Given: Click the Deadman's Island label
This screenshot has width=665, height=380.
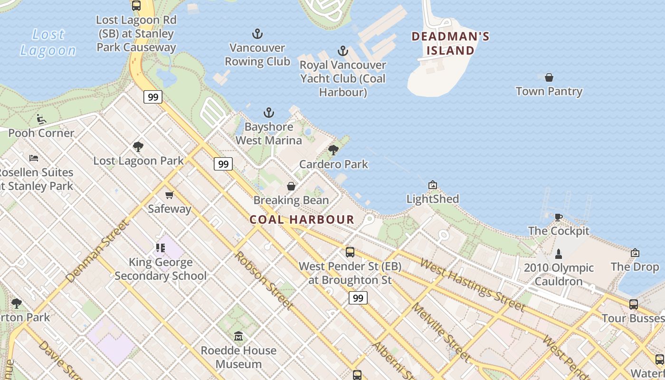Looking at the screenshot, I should (x=450, y=43).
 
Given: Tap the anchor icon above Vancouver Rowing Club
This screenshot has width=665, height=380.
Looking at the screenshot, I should (x=257, y=34).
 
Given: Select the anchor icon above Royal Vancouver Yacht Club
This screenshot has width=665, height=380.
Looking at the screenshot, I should (x=342, y=51).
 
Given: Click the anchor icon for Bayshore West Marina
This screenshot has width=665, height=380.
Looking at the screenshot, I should (x=269, y=113).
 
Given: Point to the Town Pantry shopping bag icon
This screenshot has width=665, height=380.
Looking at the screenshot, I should (x=549, y=77).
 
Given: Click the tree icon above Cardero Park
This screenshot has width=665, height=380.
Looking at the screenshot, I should (x=333, y=150).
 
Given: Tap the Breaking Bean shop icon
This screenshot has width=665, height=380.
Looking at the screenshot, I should (x=291, y=186).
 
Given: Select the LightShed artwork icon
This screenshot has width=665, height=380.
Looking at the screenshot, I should (x=432, y=185).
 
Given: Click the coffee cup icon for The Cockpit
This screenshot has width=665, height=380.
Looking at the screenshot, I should (x=558, y=217).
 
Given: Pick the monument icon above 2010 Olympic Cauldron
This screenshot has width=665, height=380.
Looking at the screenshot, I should (x=559, y=254).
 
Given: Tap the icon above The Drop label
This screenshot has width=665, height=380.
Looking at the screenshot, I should (x=635, y=253).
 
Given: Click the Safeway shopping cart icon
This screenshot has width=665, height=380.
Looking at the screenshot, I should (x=169, y=195).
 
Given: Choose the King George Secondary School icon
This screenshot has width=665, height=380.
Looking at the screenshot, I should (x=161, y=248).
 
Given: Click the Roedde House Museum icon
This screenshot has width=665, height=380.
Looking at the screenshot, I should (x=238, y=336).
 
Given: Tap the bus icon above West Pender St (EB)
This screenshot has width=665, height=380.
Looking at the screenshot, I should (x=350, y=252).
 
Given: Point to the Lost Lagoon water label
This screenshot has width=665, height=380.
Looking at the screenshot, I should (x=48, y=42).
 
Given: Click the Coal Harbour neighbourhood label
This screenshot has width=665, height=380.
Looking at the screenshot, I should (x=302, y=219).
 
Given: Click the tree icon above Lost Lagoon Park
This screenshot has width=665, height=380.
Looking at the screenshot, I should (x=138, y=147).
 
